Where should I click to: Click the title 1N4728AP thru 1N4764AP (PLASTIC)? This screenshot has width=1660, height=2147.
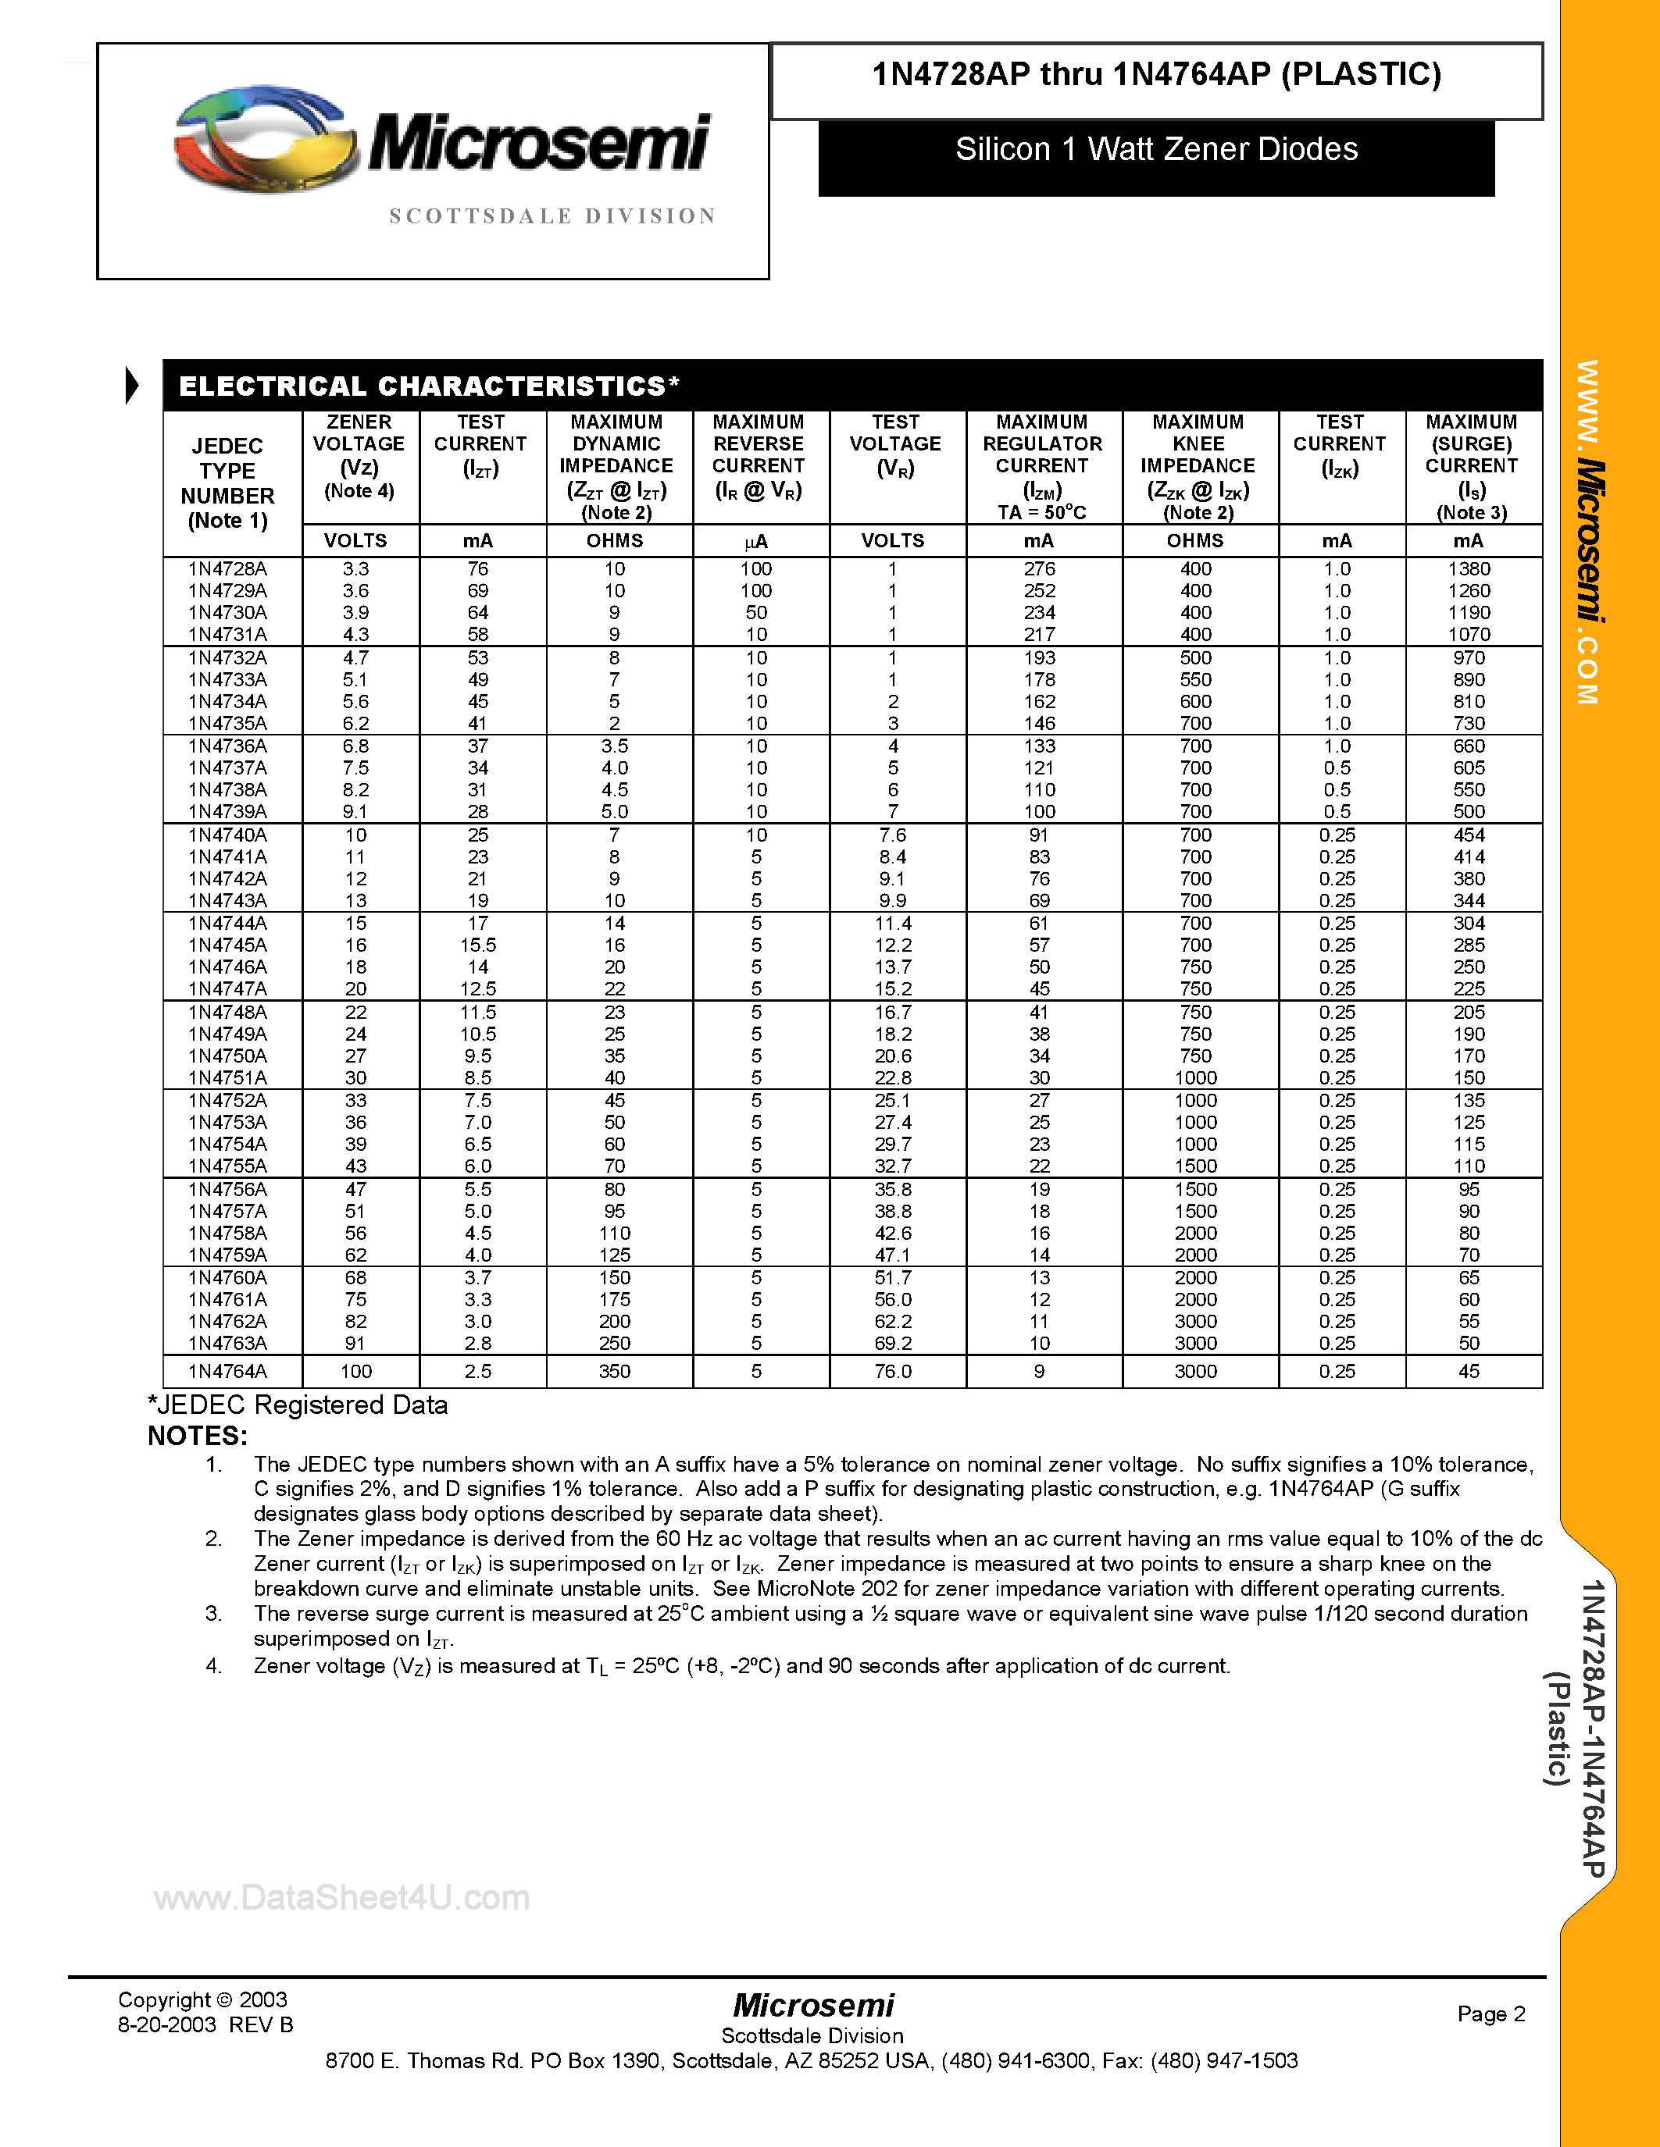1155,76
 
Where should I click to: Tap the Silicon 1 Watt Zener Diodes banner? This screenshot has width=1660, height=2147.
1155,149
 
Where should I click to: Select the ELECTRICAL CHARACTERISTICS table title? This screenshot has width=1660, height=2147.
429,386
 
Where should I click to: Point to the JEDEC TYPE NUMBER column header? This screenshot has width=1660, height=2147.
227,482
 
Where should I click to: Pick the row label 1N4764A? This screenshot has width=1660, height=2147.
227,1372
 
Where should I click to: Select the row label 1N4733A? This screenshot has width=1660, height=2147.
227,679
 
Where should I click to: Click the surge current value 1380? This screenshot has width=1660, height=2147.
1469,569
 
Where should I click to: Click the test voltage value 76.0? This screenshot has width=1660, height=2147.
893,1372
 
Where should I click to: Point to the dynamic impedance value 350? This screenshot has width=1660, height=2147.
614,1372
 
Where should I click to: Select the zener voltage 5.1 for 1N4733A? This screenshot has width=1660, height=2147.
356,679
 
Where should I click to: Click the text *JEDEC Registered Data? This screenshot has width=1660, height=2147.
297,1405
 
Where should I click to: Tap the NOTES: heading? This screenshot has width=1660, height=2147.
197,1437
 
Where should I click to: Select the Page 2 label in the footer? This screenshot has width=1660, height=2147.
1490,2013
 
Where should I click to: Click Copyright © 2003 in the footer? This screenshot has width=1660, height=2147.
202,1999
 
